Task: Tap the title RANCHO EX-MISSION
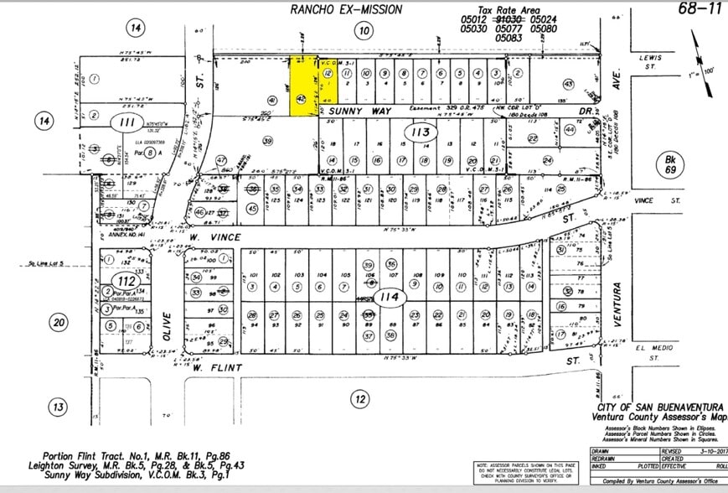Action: tap(346, 9)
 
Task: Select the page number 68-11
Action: tap(700, 9)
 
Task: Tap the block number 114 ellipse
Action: tap(388, 297)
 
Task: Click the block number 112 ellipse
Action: tap(124, 280)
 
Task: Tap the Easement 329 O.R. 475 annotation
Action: tap(461, 108)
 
